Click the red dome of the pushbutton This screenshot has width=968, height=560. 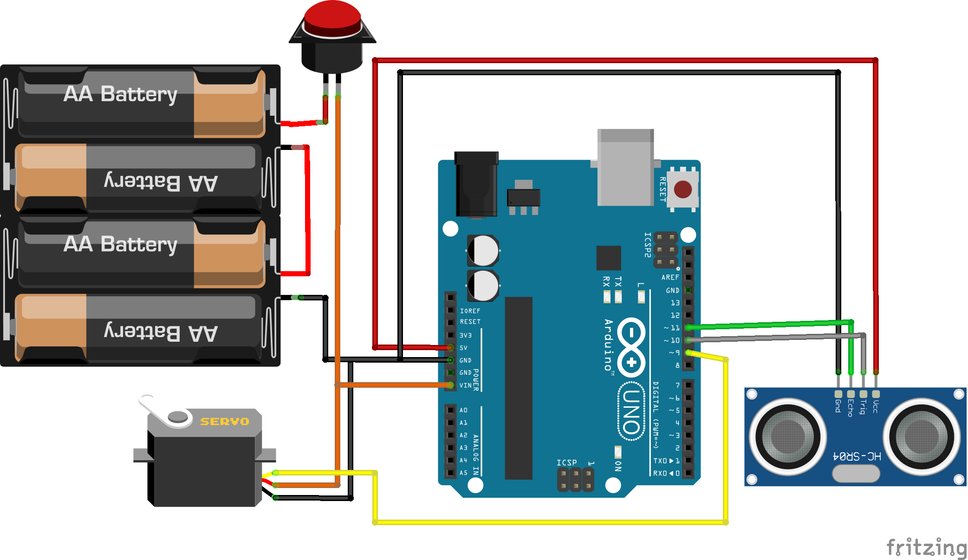(x=332, y=17)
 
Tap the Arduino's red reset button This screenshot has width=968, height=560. (x=682, y=189)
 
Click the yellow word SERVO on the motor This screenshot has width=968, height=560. (x=225, y=422)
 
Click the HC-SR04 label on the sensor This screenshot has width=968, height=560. (x=857, y=456)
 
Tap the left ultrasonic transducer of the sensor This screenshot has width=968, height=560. (x=788, y=436)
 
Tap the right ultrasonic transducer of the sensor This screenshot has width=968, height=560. (x=922, y=436)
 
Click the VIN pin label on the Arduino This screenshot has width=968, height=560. (x=465, y=385)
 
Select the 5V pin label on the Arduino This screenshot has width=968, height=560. (x=463, y=348)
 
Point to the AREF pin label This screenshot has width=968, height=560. (x=670, y=277)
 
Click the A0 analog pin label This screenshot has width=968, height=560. (x=463, y=410)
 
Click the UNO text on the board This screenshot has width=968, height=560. (x=631, y=411)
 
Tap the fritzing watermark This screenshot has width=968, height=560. (x=926, y=547)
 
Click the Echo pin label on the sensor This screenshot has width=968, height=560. (x=851, y=408)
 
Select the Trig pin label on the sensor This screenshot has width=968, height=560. (x=863, y=407)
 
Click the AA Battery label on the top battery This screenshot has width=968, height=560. (x=121, y=94)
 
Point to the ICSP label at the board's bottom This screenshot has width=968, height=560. (x=566, y=462)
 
